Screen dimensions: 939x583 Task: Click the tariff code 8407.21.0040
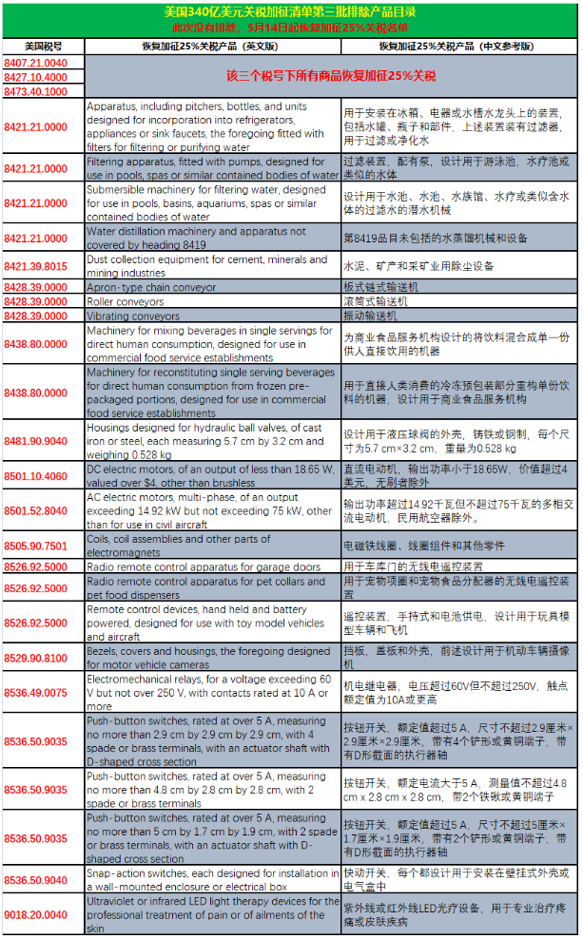pyautogui.click(x=43, y=63)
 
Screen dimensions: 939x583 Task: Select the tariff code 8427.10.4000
pyautogui.click(x=43, y=77)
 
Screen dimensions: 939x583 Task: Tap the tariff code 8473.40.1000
pyautogui.click(x=43, y=91)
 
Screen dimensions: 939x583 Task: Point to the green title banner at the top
pyautogui.click(x=290, y=12)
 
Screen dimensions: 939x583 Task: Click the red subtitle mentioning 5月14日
pyautogui.click(x=290, y=29)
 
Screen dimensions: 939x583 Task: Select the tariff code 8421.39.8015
pyautogui.click(x=43, y=266)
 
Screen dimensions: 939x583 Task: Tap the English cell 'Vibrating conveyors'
pyautogui.click(x=133, y=316)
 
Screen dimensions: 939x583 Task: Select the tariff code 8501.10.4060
pyautogui.click(x=43, y=475)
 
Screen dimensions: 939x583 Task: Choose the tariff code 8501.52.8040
pyautogui.click(x=43, y=510)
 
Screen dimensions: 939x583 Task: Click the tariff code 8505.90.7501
pyautogui.click(x=43, y=546)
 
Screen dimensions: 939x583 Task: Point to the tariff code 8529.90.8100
pyautogui.click(x=43, y=658)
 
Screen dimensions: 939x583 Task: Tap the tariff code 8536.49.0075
pyautogui.click(x=43, y=693)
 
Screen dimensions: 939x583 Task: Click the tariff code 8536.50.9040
pyautogui.click(x=43, y=879)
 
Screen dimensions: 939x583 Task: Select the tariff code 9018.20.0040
pyautogui.click(x=43, y=914)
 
